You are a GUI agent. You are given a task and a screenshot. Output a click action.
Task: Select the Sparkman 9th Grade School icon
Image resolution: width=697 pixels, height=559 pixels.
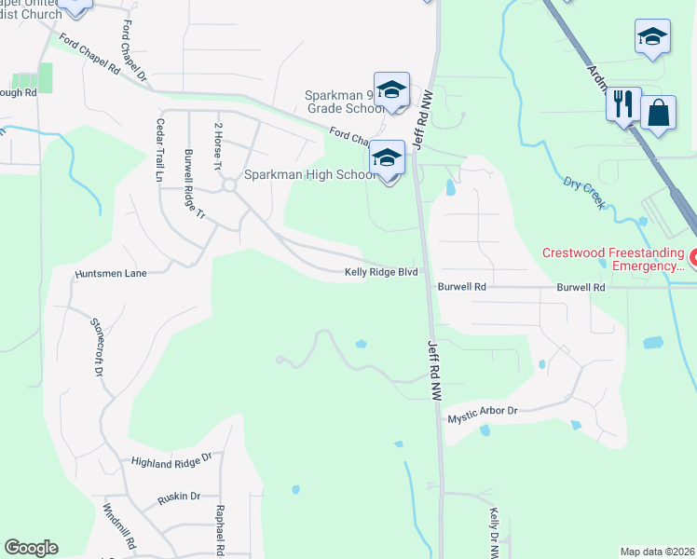[x=392, y=90]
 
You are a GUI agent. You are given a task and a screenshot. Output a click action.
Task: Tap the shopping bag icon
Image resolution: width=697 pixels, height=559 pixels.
[x=658, y=114]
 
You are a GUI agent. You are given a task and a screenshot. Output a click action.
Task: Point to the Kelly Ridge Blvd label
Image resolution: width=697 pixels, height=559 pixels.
[x=380, y=272]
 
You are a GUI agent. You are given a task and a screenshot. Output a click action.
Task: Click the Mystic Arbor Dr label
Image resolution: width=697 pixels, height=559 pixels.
[x=483, y=411]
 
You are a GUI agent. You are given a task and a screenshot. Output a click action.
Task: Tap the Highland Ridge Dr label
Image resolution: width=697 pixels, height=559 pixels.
[x=171, y=461]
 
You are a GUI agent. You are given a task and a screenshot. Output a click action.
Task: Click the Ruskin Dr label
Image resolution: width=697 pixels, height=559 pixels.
[x=179, y=497]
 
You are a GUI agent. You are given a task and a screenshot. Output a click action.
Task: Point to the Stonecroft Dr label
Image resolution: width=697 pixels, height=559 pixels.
[x=96, y=346]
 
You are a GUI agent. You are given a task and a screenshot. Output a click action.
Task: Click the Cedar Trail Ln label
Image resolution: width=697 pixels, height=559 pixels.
[x=160, y=149]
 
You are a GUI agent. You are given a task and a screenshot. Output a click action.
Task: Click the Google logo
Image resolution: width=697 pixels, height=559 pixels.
[x=31, y=548]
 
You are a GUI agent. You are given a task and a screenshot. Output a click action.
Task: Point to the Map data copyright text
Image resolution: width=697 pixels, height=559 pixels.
[x=657, y=552]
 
